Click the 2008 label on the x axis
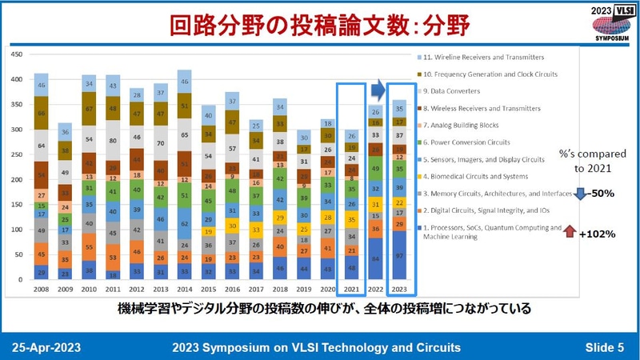[40, 291]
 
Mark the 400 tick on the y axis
[16, 80]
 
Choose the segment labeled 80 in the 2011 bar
[114, 139]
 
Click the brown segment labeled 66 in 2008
[40, 114]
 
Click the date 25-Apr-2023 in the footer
[46, 346]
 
